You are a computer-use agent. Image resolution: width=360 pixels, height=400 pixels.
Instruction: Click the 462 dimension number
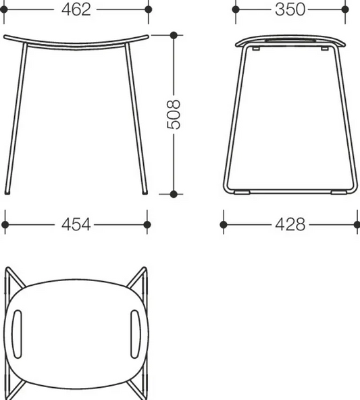point(76,9)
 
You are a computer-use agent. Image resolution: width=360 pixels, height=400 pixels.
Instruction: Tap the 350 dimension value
point(290,9)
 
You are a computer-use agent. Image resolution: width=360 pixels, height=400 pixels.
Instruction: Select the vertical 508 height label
point(174,115)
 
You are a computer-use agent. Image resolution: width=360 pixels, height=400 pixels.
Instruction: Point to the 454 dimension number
point(76,224)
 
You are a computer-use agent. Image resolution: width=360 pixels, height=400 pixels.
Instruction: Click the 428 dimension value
point(290,224)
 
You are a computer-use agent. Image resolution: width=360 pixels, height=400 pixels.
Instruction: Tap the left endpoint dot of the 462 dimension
point(4,9)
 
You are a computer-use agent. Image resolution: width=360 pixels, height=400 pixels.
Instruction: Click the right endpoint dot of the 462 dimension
point(148,9)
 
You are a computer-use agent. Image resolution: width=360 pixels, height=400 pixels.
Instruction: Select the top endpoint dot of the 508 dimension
point(174,35)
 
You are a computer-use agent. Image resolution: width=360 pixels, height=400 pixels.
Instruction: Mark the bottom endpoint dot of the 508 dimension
point(174,194)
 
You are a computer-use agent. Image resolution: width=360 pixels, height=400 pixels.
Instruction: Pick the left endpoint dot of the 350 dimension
point(236,9)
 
